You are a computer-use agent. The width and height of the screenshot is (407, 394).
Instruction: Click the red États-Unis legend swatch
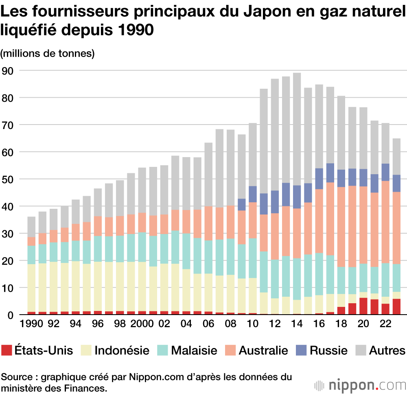[x=7, y=350]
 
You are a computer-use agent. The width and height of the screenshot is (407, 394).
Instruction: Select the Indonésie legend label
[x=122, y=350]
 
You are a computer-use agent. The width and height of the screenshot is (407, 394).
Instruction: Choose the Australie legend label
[x=263, y=350]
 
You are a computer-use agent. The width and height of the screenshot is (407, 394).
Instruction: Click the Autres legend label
[x=387, y=350]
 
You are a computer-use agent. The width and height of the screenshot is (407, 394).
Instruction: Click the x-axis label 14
[x=297, y=326]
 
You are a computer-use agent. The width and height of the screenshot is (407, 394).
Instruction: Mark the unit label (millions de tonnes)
[x=48, y=53]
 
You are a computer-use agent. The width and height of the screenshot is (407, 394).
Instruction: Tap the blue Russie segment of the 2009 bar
[x=242, y=204]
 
